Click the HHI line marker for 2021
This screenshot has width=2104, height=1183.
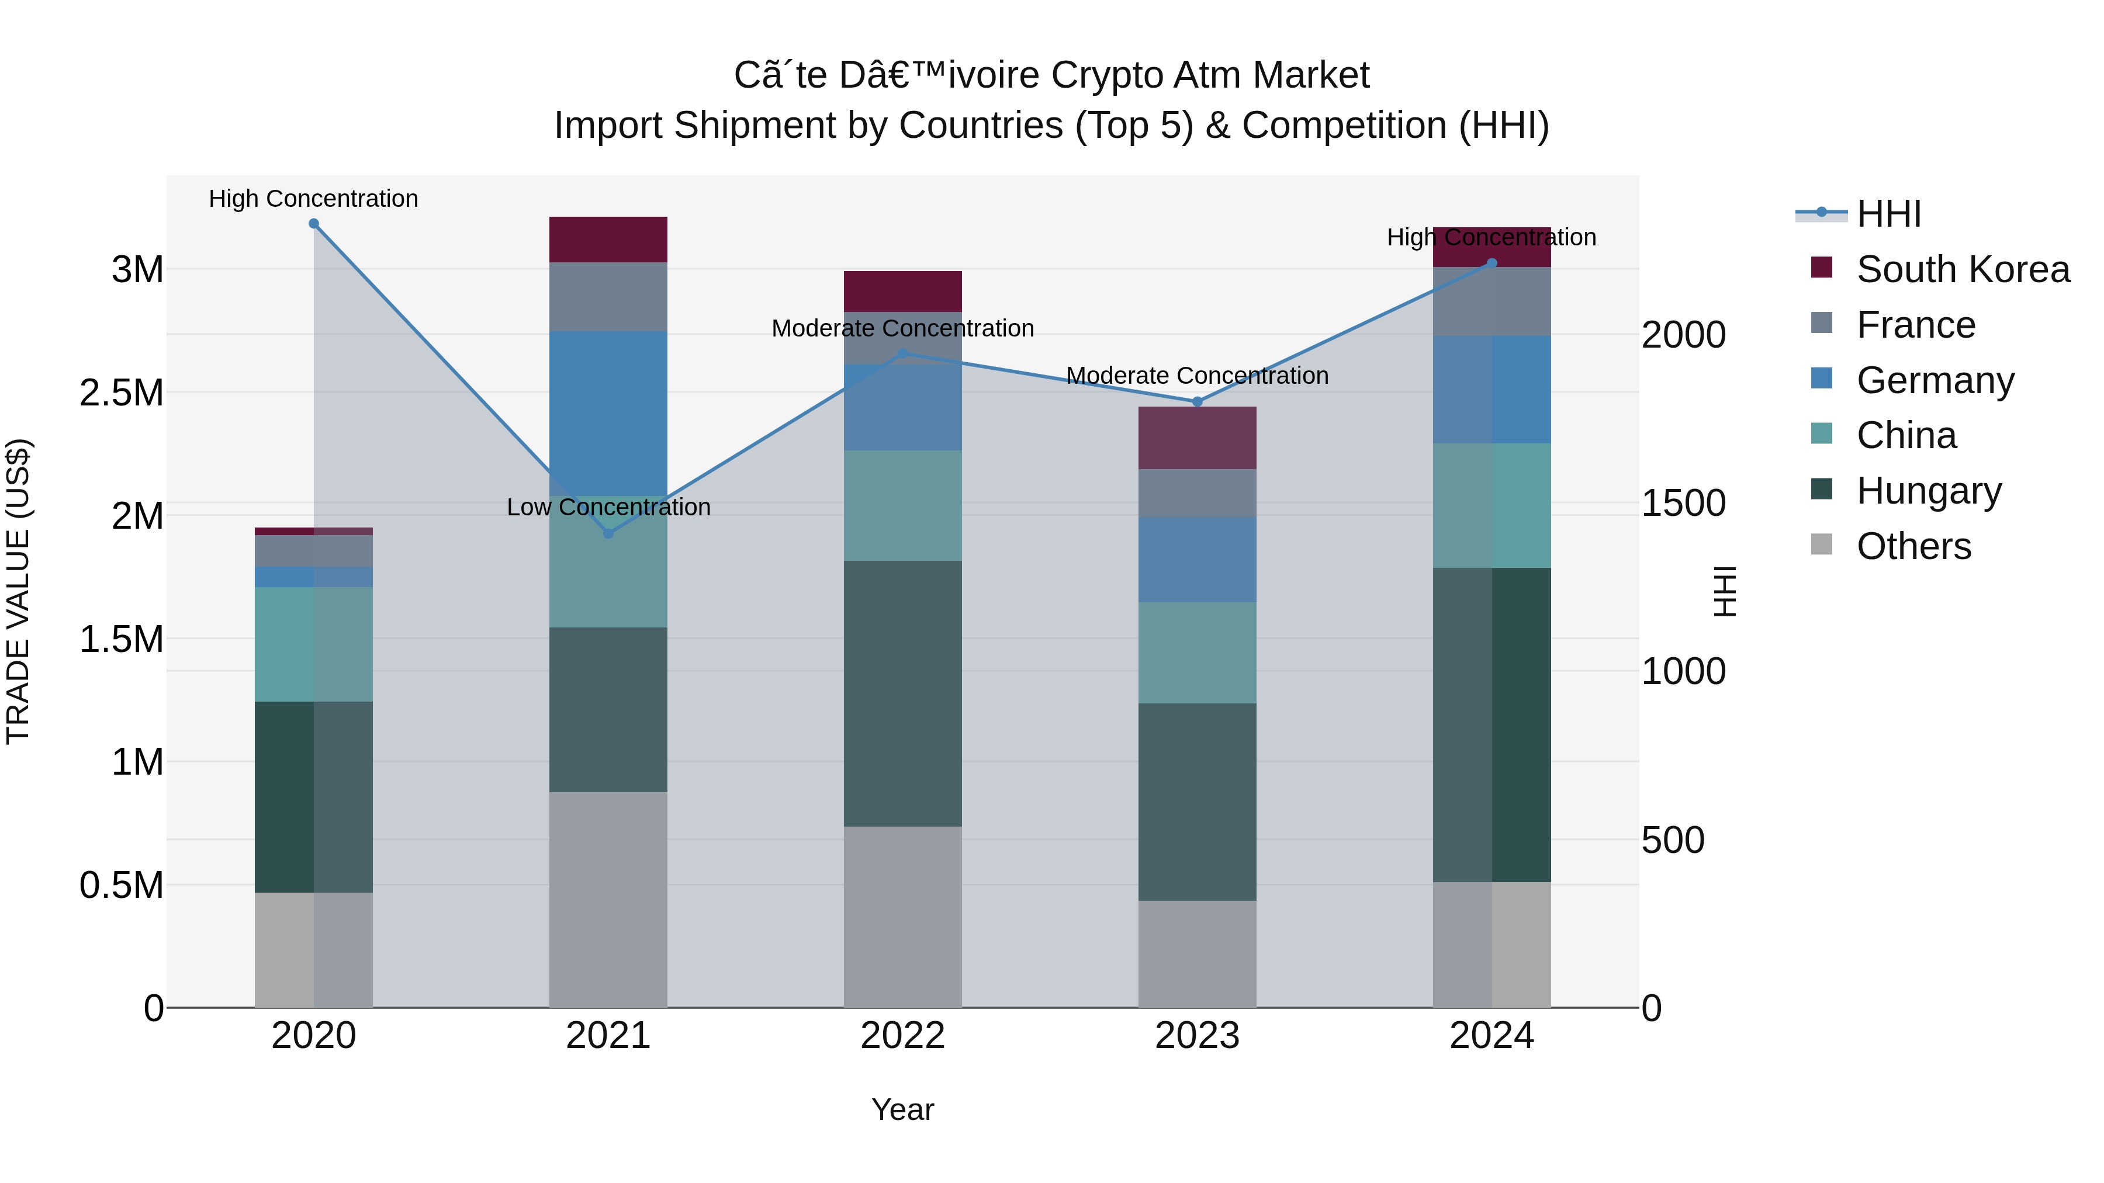(608, 533)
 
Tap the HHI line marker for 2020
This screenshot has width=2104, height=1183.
(314, 224)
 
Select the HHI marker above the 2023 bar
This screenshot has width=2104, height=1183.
(1198, 402)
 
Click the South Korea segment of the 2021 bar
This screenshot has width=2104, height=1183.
(608, 239)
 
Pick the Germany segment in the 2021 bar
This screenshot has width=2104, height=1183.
(608, 413)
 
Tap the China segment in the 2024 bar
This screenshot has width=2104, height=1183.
(1492, 505)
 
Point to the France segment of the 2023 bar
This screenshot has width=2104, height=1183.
(1198, 492)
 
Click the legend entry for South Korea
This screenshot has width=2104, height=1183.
(1963, 269)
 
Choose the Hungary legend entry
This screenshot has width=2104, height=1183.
(1929, 491)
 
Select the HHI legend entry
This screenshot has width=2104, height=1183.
(1888, 214)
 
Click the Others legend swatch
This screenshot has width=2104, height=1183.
(1821, 544)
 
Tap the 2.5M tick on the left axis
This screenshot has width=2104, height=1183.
(121, 393)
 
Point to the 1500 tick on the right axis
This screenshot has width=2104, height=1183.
(1683, 503)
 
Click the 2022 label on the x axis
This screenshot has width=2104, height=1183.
(902, 1036)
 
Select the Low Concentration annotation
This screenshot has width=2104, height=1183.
(608, 507)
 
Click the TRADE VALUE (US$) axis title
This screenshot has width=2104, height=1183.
(18, 591)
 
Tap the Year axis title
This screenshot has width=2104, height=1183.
(902, 1109)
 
